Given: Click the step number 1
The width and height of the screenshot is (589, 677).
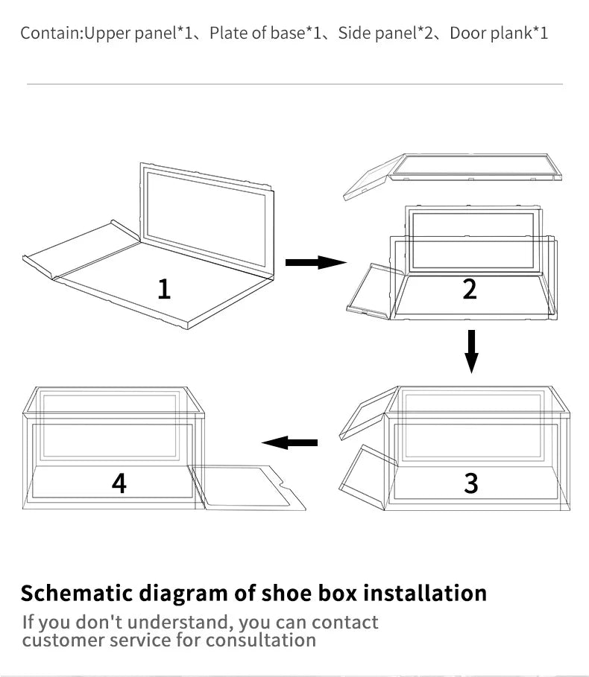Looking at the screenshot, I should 164,287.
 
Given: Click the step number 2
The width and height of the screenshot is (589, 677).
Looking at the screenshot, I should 469,288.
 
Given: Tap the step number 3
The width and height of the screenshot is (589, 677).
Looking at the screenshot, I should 470,483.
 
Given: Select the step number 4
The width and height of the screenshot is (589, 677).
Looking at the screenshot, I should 119,483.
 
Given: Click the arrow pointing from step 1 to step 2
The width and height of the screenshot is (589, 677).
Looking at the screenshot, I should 315,262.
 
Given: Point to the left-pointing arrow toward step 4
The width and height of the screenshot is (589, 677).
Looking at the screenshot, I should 290,443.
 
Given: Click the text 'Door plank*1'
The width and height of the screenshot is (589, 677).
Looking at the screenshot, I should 499,34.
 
